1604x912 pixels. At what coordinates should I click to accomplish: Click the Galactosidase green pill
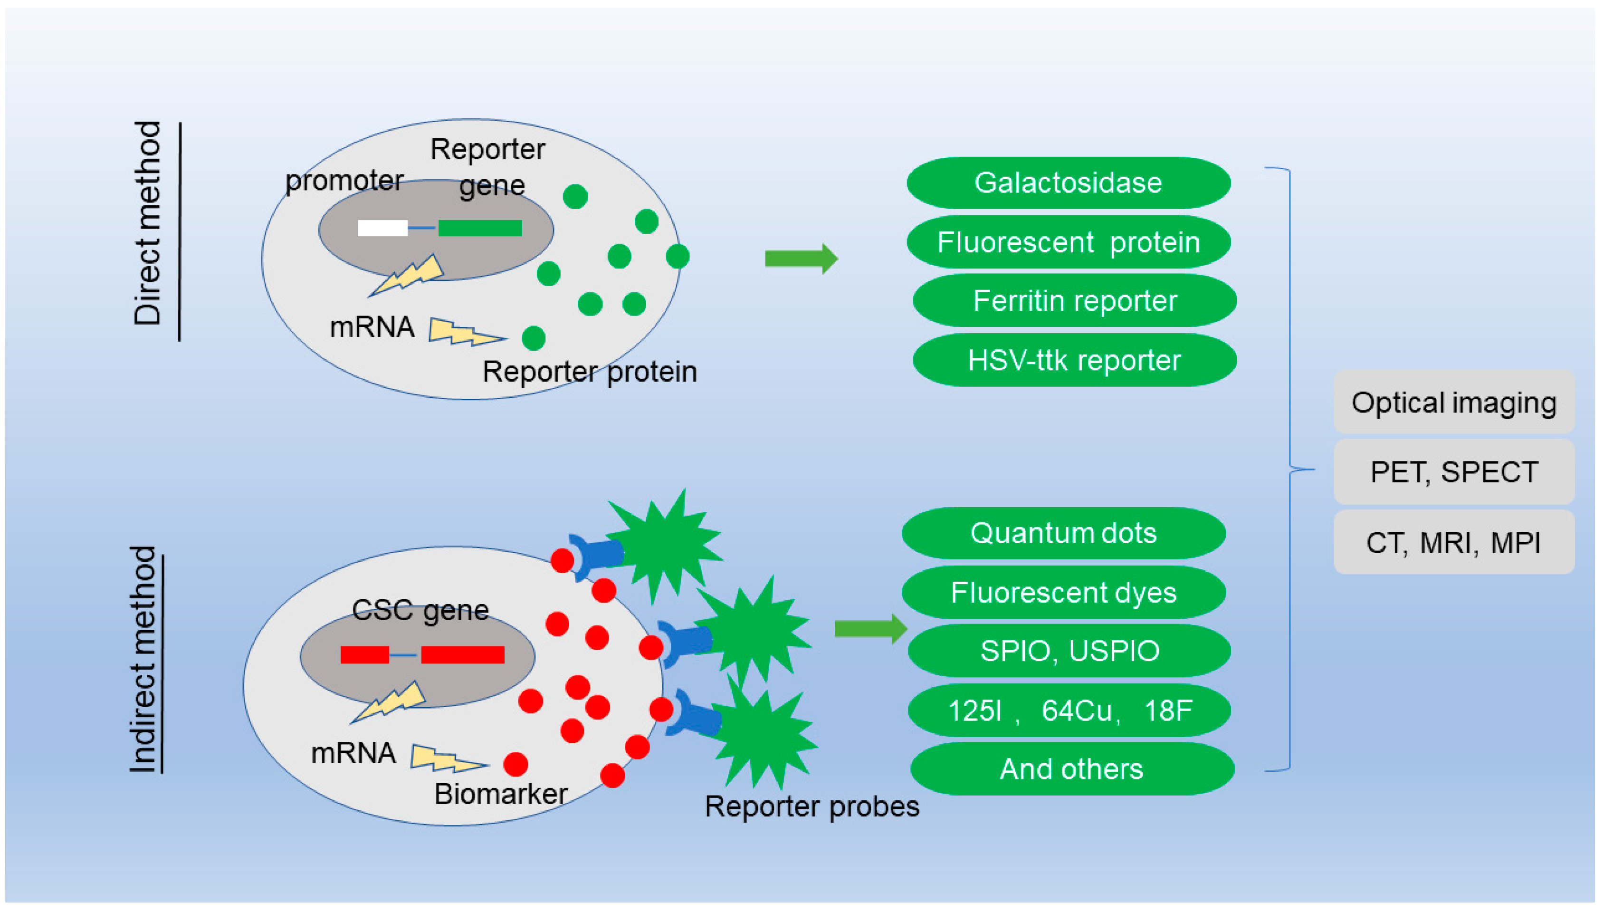(1068, 183)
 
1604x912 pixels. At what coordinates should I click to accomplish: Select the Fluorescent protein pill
(1068, 242)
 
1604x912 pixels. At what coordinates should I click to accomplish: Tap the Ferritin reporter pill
(1074, 301)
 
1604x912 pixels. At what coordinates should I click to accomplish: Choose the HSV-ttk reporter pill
(1074, 360)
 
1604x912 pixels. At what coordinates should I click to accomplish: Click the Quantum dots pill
(1063, 533)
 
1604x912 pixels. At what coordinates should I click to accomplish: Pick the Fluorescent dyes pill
(1063, 592)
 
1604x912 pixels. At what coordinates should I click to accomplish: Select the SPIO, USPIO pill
(1069, 651)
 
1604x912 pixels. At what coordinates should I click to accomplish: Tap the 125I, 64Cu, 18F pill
(1069, 710)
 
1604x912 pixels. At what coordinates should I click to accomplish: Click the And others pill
(1072, 768)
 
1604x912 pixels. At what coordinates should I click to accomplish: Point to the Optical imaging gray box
(1454, 402)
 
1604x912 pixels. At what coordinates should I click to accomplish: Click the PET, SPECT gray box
(1454, 471)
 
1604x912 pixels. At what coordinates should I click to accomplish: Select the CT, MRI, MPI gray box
(1454, 542)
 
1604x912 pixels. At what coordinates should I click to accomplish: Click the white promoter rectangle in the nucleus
(382, 228)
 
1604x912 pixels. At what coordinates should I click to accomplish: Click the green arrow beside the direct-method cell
(801, 258)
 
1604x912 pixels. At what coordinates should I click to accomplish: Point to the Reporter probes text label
(812, 806)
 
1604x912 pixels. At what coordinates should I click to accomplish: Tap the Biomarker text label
(501, 794)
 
